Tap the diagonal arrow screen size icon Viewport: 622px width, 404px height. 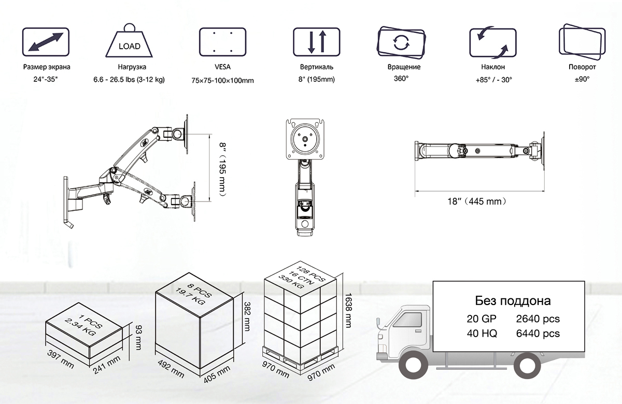pyautogui.click(x=46, y=42)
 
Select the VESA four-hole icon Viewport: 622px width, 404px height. pyautogui.click(x=223, y=42)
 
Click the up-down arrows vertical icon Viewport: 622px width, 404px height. pyautogui.click(x=317, y=42)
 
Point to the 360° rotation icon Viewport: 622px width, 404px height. pyautogui.click(x=401, y=42)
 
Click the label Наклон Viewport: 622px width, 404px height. pyautogui.click(x=493, y=67)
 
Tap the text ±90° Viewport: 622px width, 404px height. pyautogui.click(x=582, y=79)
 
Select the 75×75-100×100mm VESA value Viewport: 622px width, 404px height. pyautogui.click(x=223, y=80)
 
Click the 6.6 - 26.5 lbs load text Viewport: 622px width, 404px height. pyautogui.click(x=129, y=80)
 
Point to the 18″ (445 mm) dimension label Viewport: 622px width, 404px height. pyautogui.click(x=477, y=201)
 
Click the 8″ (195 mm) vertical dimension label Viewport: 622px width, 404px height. pyautogui.click(x=223, y=169)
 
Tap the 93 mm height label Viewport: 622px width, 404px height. pyautogui.click(x=138, y=338)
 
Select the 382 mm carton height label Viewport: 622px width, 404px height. pyautogui.click(x=247, y=316)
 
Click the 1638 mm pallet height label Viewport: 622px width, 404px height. pyautogui.click(x=348, y=310)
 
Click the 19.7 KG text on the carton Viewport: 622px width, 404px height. pyautogui.click(x=191, y=296)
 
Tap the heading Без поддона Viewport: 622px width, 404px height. pyautogui.click(x=513, y=301)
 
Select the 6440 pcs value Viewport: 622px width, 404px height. pyautogui.click(x=538, y=333)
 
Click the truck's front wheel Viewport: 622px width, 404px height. pyautogui.click(x=413, y=366)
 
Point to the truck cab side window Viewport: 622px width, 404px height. pyautogui.click(x=407, y=320)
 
